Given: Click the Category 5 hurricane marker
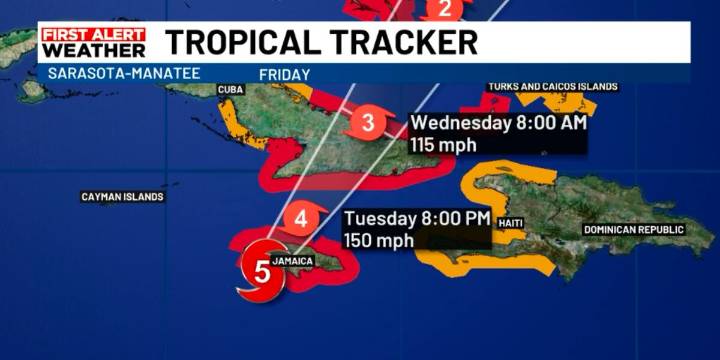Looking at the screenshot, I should pyautogui.click(x=262, y=270).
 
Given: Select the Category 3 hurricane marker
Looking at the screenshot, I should pyautogui.click(x=367, y=124).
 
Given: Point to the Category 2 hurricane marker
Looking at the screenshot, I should pyautogui.click(x=447, y=10).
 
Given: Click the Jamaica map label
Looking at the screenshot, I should pyautogui.click(x=293, y=261).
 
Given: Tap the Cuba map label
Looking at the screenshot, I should pyautogui.click(x=231, y=90).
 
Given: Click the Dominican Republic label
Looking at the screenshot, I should pyautogui.click(x=634, y=230).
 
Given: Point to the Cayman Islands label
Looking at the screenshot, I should pyautogui.click(x=122, y=197).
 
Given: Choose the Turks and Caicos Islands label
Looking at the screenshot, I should pyautogui.click(x=553, y=87).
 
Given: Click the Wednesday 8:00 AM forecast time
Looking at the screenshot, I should pyautogui.click(x=498, y=124).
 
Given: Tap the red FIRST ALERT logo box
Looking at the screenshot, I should pyautogui.click(x=93, y=34).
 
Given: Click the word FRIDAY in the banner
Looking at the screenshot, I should pyautogui.click(x=284, y=74).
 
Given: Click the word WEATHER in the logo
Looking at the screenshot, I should pyautogui.click(x=93, y=50).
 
